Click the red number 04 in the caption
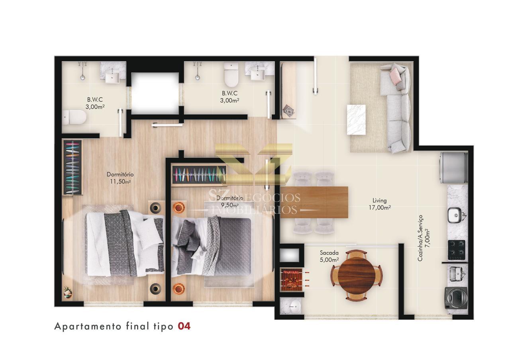point(184,327)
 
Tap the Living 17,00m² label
point(380,204)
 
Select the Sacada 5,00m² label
point(329,256)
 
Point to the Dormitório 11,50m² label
point(120,178)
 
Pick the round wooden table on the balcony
point(357,275)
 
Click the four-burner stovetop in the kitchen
point(457,250)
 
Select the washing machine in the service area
point(456,298)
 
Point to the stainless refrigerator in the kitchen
point(454,168)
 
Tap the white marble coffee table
point(356,120)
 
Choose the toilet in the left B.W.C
point(75,117)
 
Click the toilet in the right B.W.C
point(231,74)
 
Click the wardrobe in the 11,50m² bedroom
point(73,168)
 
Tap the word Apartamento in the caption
point(88,327)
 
